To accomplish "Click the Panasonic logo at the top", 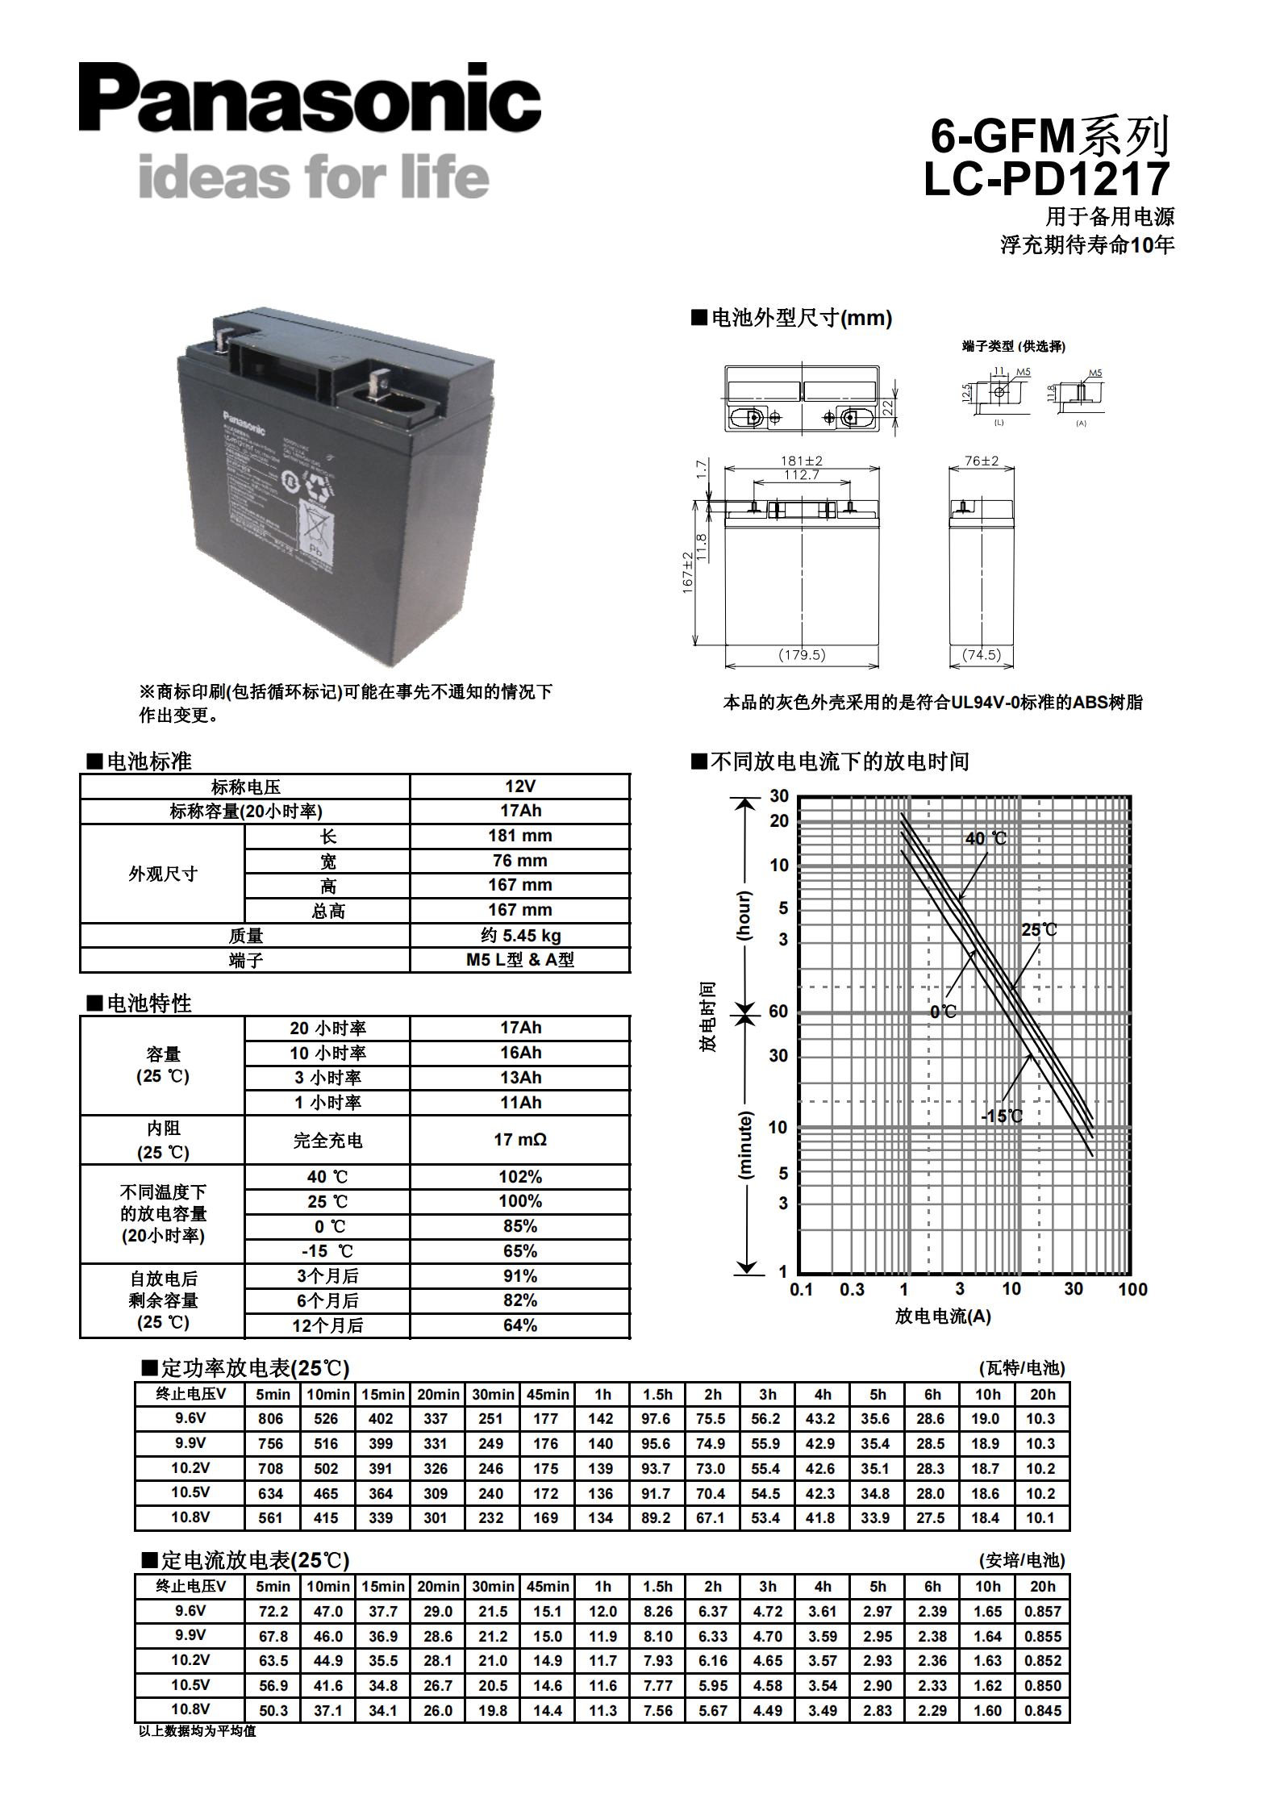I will (x=310, y=98).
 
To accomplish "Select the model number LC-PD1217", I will (x=1046, y=179).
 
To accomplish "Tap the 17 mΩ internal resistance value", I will (x=519, y=1139).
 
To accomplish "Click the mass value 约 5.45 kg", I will (x=519, y=935).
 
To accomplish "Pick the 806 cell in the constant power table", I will (x=270, y=1418).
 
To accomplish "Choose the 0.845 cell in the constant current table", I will (x=1042, y=1710).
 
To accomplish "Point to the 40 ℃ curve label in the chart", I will (x=986, y=838).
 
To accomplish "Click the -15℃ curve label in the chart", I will (x=1002, y=1116).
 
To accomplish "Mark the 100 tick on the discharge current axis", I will (x=1132, y=1289).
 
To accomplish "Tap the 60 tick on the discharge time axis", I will (x=778, y=1011).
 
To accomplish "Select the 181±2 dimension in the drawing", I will (x=801, y=461).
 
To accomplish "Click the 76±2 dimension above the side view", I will (x=982, y=461).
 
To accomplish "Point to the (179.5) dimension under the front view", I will (x=801, y=654).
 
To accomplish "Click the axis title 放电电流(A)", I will (x=942, y=1316).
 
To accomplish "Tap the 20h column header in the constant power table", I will (x=1042, y=1394).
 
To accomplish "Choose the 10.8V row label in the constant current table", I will (x=190, y=1709).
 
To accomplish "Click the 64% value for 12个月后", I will (x=519, y=1325).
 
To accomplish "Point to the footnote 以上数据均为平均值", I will (x=197, y=1731).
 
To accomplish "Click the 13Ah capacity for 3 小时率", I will (x=519, y=1077).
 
